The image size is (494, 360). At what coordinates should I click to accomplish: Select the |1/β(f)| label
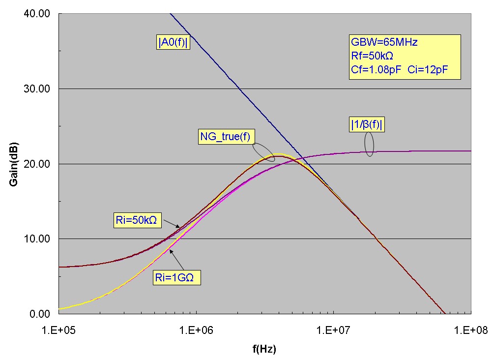pos(364,125)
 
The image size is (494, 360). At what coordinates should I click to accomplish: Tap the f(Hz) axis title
pos(264,349)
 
